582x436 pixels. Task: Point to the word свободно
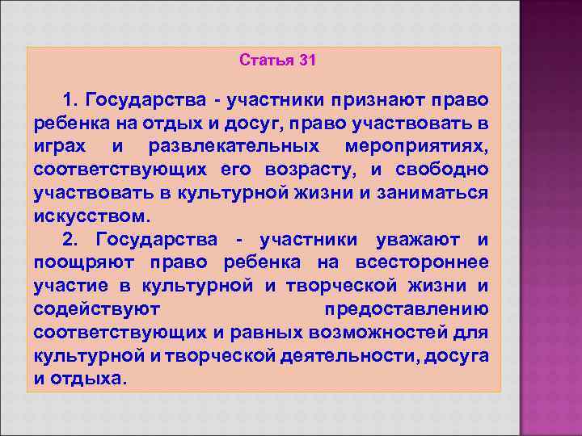coord(442,170)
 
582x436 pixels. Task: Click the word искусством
coord(92,217)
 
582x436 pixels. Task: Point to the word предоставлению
coord(406,311)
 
